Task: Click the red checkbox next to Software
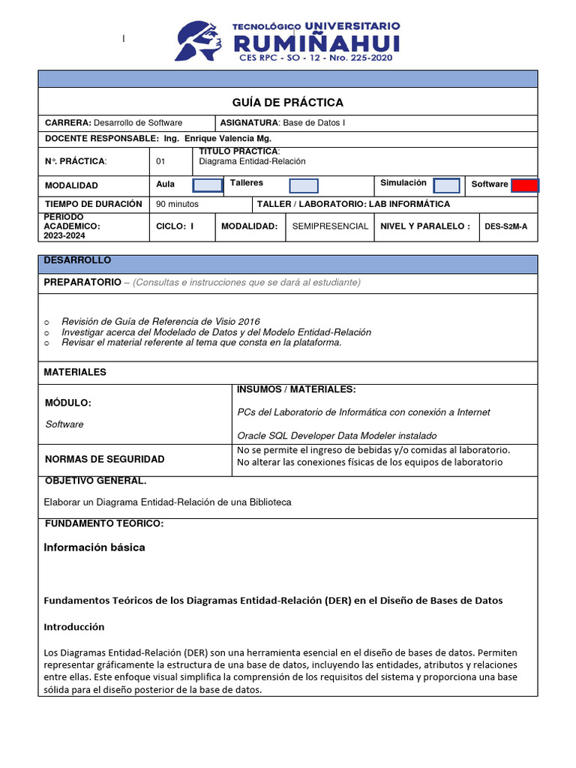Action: pyautogui.click(x=525, y=185)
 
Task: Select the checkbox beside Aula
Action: pyautogui.click(x=208, y=185)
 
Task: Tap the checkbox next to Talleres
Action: pyautogui.click(x=304, y=185)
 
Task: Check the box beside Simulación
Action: pyautogui.click(x=447, y=185)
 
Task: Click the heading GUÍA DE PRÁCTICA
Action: pyautogui.click(x=288, y=102)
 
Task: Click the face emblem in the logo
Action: pyautogui.click(x=198, y=40)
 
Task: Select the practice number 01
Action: pyautogui.click(x=160, y=161)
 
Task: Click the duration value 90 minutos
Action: pyautogui.click(x=178, y=204)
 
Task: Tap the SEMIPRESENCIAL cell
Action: pyautogui.click(x=330, y=226)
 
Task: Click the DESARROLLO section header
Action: pyautogui.click(x=77, y=260)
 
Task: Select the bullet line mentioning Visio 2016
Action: pyautogui.click(x=160, y=321)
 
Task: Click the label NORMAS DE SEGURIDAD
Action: pyautogui.click(x=104, y=459)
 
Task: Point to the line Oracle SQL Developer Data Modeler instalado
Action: pyautogui.click(x=337, y=435)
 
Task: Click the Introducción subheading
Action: pyautogui.click(x=74, y=626)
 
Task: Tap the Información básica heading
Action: pyautogui.click(x=94, y=547)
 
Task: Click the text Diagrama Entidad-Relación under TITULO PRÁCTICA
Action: pyautogui.click(x=252, y=161)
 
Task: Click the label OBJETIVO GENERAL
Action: pyautogui.click(x=95, y=481)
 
